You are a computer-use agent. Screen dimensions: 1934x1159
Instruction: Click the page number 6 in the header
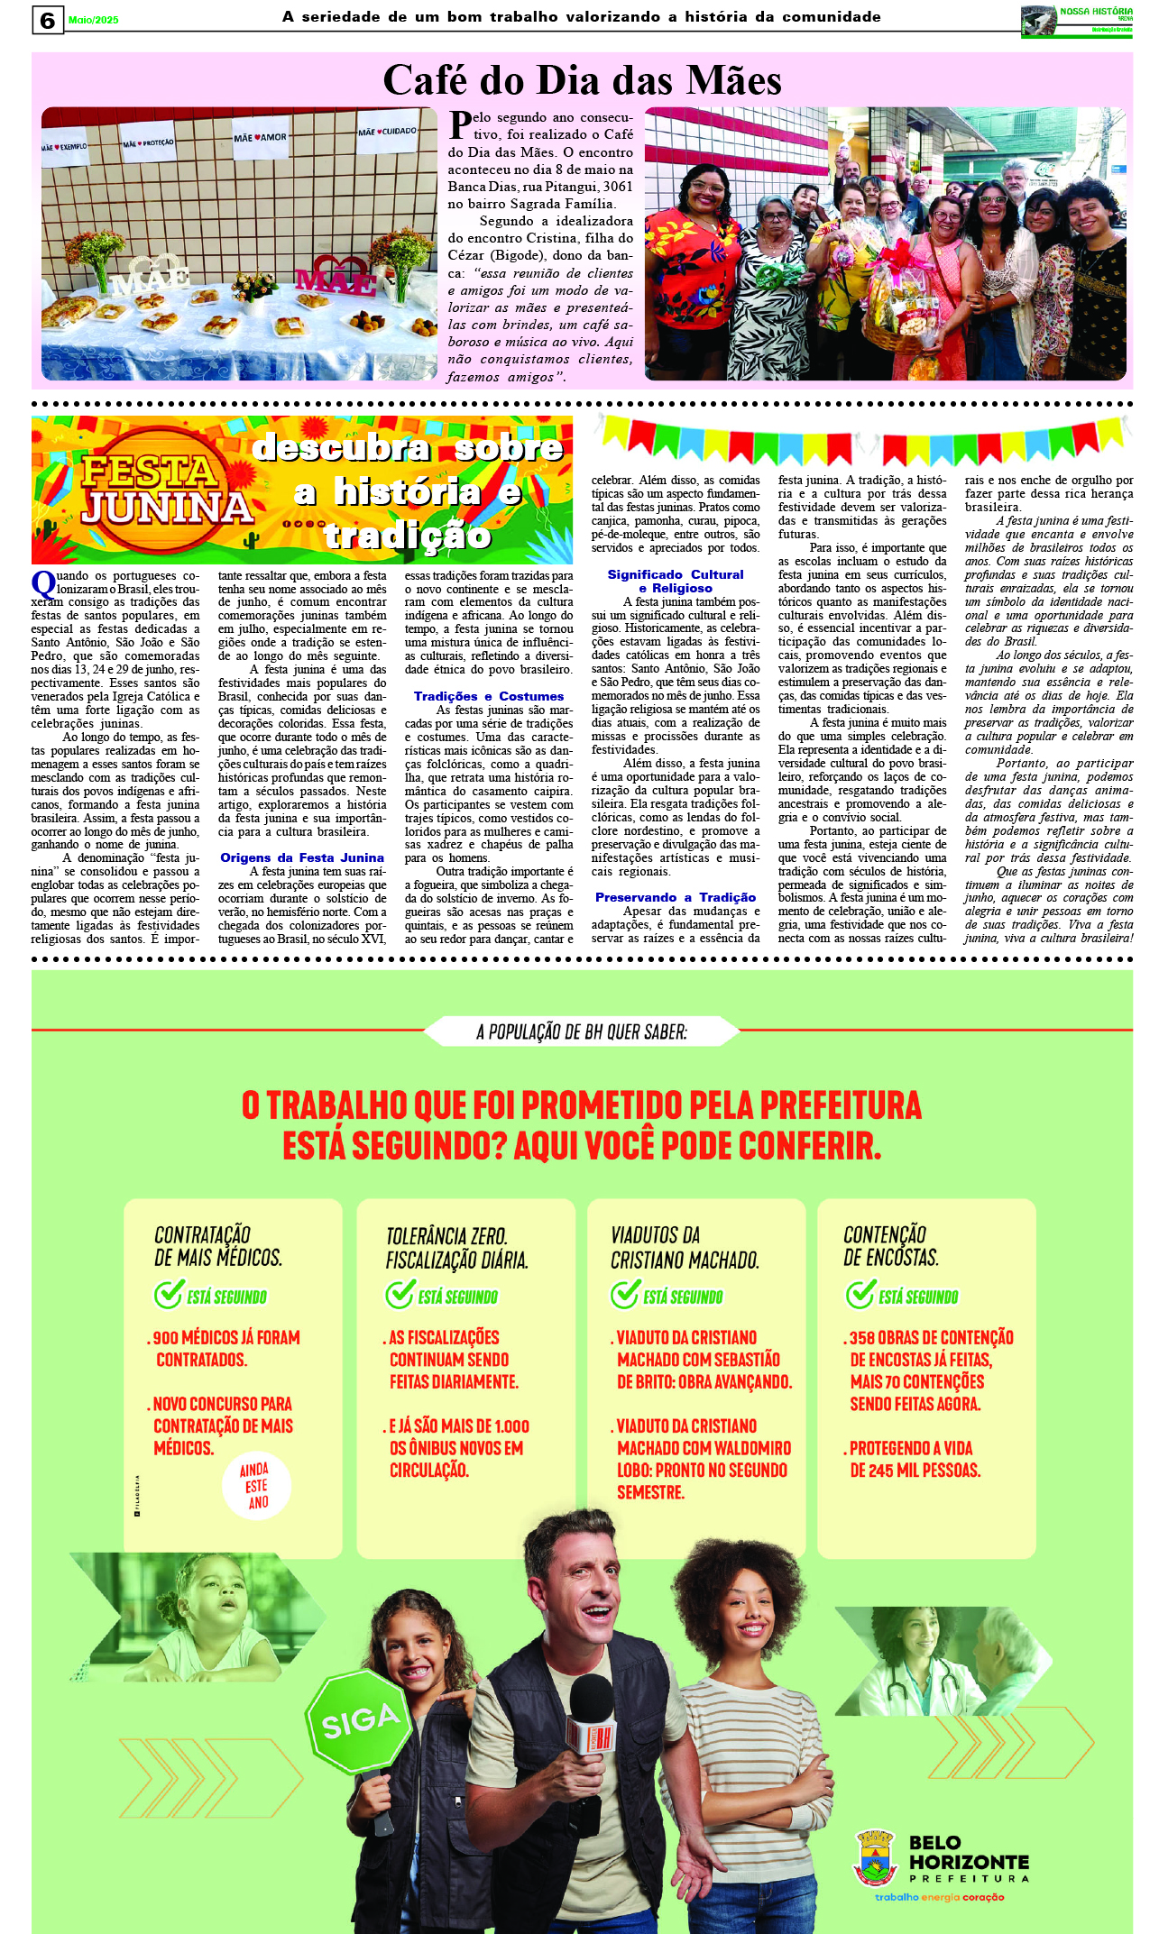pyautogui.click(x=48, y=20)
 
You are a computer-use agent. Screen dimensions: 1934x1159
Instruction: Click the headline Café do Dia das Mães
pyautogui.click(x=582, y=80)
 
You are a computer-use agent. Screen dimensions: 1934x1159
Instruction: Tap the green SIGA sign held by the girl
pyautogui.click(x=360, y=1721)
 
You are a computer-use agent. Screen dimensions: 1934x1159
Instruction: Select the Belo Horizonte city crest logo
pyautogui.click(x=873, y=1856)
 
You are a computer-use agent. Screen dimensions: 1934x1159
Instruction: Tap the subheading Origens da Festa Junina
pyautogui.click(x=302, y=857)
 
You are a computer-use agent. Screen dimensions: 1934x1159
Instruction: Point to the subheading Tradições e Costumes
pyautogui.click(x=488, y=696)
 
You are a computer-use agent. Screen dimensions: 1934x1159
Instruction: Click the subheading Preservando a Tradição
pyautogui.click(x=675, y=897)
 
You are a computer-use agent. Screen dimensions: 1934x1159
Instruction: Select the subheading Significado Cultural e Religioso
pyautogui.click(x=675, y=581)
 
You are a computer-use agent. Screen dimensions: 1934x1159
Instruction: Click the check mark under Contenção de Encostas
pyautogui.click(x=860, y=1295)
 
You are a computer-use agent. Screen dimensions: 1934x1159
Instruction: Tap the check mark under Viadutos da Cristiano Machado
pyautogui.click(x=624, y=1295)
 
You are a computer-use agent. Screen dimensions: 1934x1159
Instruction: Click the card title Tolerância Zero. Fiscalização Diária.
pyautogui.click(x=456, y=1247)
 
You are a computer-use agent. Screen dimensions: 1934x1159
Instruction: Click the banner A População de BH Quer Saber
pyautogui.click(x=582, y=1031)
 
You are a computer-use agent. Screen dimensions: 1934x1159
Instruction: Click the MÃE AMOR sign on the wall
pyautogui.click(x=260, y=138)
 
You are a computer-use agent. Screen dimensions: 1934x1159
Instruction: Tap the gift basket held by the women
pyautogui.click(x=903, y=302)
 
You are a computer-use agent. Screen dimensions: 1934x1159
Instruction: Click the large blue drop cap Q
pyautogui.click(x=43, y=583)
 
